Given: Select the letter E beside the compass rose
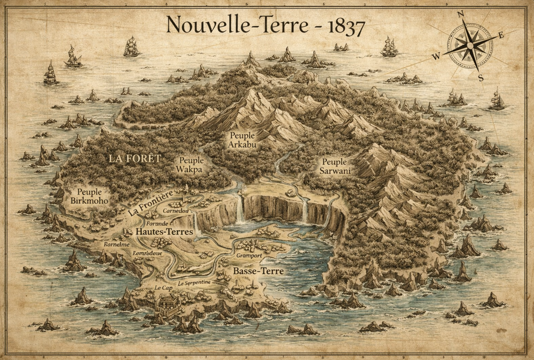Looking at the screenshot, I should [x=501, y=35].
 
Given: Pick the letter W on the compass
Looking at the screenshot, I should [x=436, y=57].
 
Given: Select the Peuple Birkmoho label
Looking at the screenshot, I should [x=89, y=196].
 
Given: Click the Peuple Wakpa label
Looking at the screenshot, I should [x=191, y=165].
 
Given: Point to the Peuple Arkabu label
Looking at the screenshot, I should [x=242, y=140].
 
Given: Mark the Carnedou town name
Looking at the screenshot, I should [x=175, y=211].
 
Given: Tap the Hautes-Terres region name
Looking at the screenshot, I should [x=164, y=232].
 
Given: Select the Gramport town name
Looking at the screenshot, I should [x=249, y=256].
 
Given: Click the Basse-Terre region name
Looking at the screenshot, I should [x=258, y=271].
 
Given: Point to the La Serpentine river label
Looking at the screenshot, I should [x=194, y=284].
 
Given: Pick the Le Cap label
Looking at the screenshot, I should [x=163, y=287].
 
